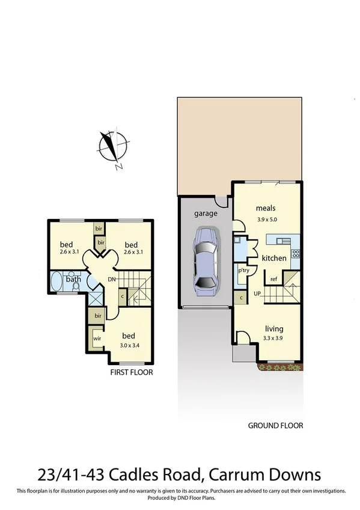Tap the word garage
(205, 214)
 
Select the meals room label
(265, 208)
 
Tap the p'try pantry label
(244, 271)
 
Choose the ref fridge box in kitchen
(273, 278)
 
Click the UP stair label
(258, 294)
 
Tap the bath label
(73, 279)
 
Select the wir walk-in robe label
(96, 339)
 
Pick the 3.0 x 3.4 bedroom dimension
(129, 345)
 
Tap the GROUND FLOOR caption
(276, 426)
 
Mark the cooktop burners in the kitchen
(294, 253)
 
